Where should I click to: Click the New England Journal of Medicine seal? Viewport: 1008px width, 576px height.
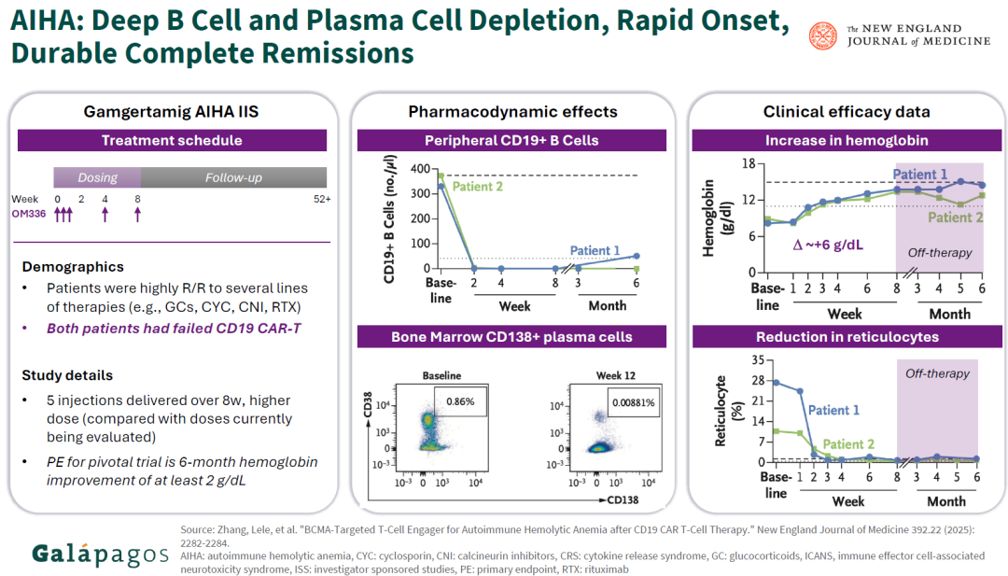(x=823, y=35)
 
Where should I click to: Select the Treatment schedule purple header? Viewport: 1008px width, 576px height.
(x=172, y=141)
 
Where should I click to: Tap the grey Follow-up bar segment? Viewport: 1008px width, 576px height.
(x=233, y=176)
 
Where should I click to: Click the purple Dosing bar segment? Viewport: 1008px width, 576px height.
(x=97, y=176)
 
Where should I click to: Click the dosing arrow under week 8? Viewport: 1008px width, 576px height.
(x=137, y=215)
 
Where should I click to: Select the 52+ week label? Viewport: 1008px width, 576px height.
(x=322, y=199)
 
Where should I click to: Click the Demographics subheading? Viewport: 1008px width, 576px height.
(x=73, y=267)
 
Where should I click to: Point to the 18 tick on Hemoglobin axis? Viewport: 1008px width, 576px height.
(x=747, y=164)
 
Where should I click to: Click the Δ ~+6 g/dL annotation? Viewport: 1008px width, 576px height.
(x=829, y=245)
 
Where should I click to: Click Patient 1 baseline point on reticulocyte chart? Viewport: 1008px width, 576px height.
(x=776, y=382)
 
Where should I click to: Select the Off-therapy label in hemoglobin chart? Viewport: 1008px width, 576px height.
(x=939, y=252)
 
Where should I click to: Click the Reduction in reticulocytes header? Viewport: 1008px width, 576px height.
(x=847, y=336)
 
